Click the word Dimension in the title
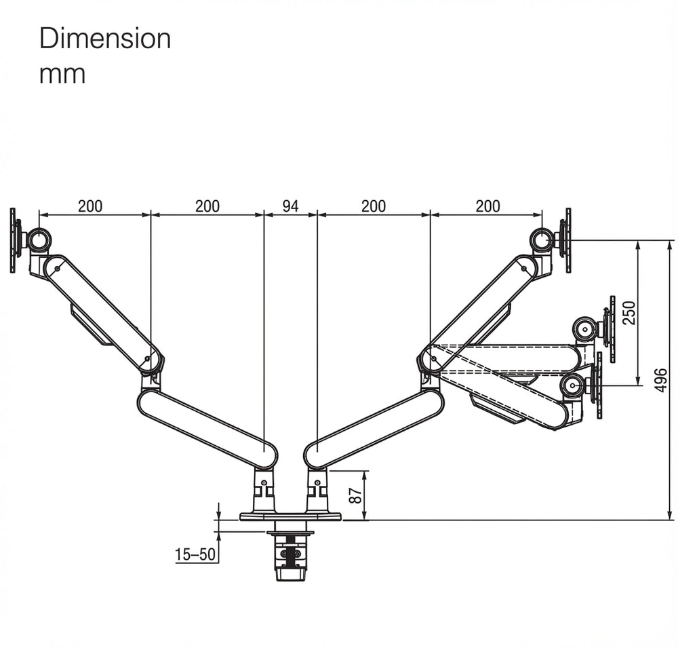[105, 39]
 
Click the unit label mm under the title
[62, 73]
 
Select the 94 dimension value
[290, 206]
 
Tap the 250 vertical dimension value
[629, 313]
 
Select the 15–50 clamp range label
[195, 555]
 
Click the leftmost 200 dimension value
[90, 206]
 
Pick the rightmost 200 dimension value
[487, 206]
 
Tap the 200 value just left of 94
[207, 206]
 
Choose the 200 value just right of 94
[374, 206]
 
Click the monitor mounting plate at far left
[14, 240]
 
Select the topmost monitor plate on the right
[567, 240]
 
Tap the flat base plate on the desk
[290, 516]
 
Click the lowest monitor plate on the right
[597, 386]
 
